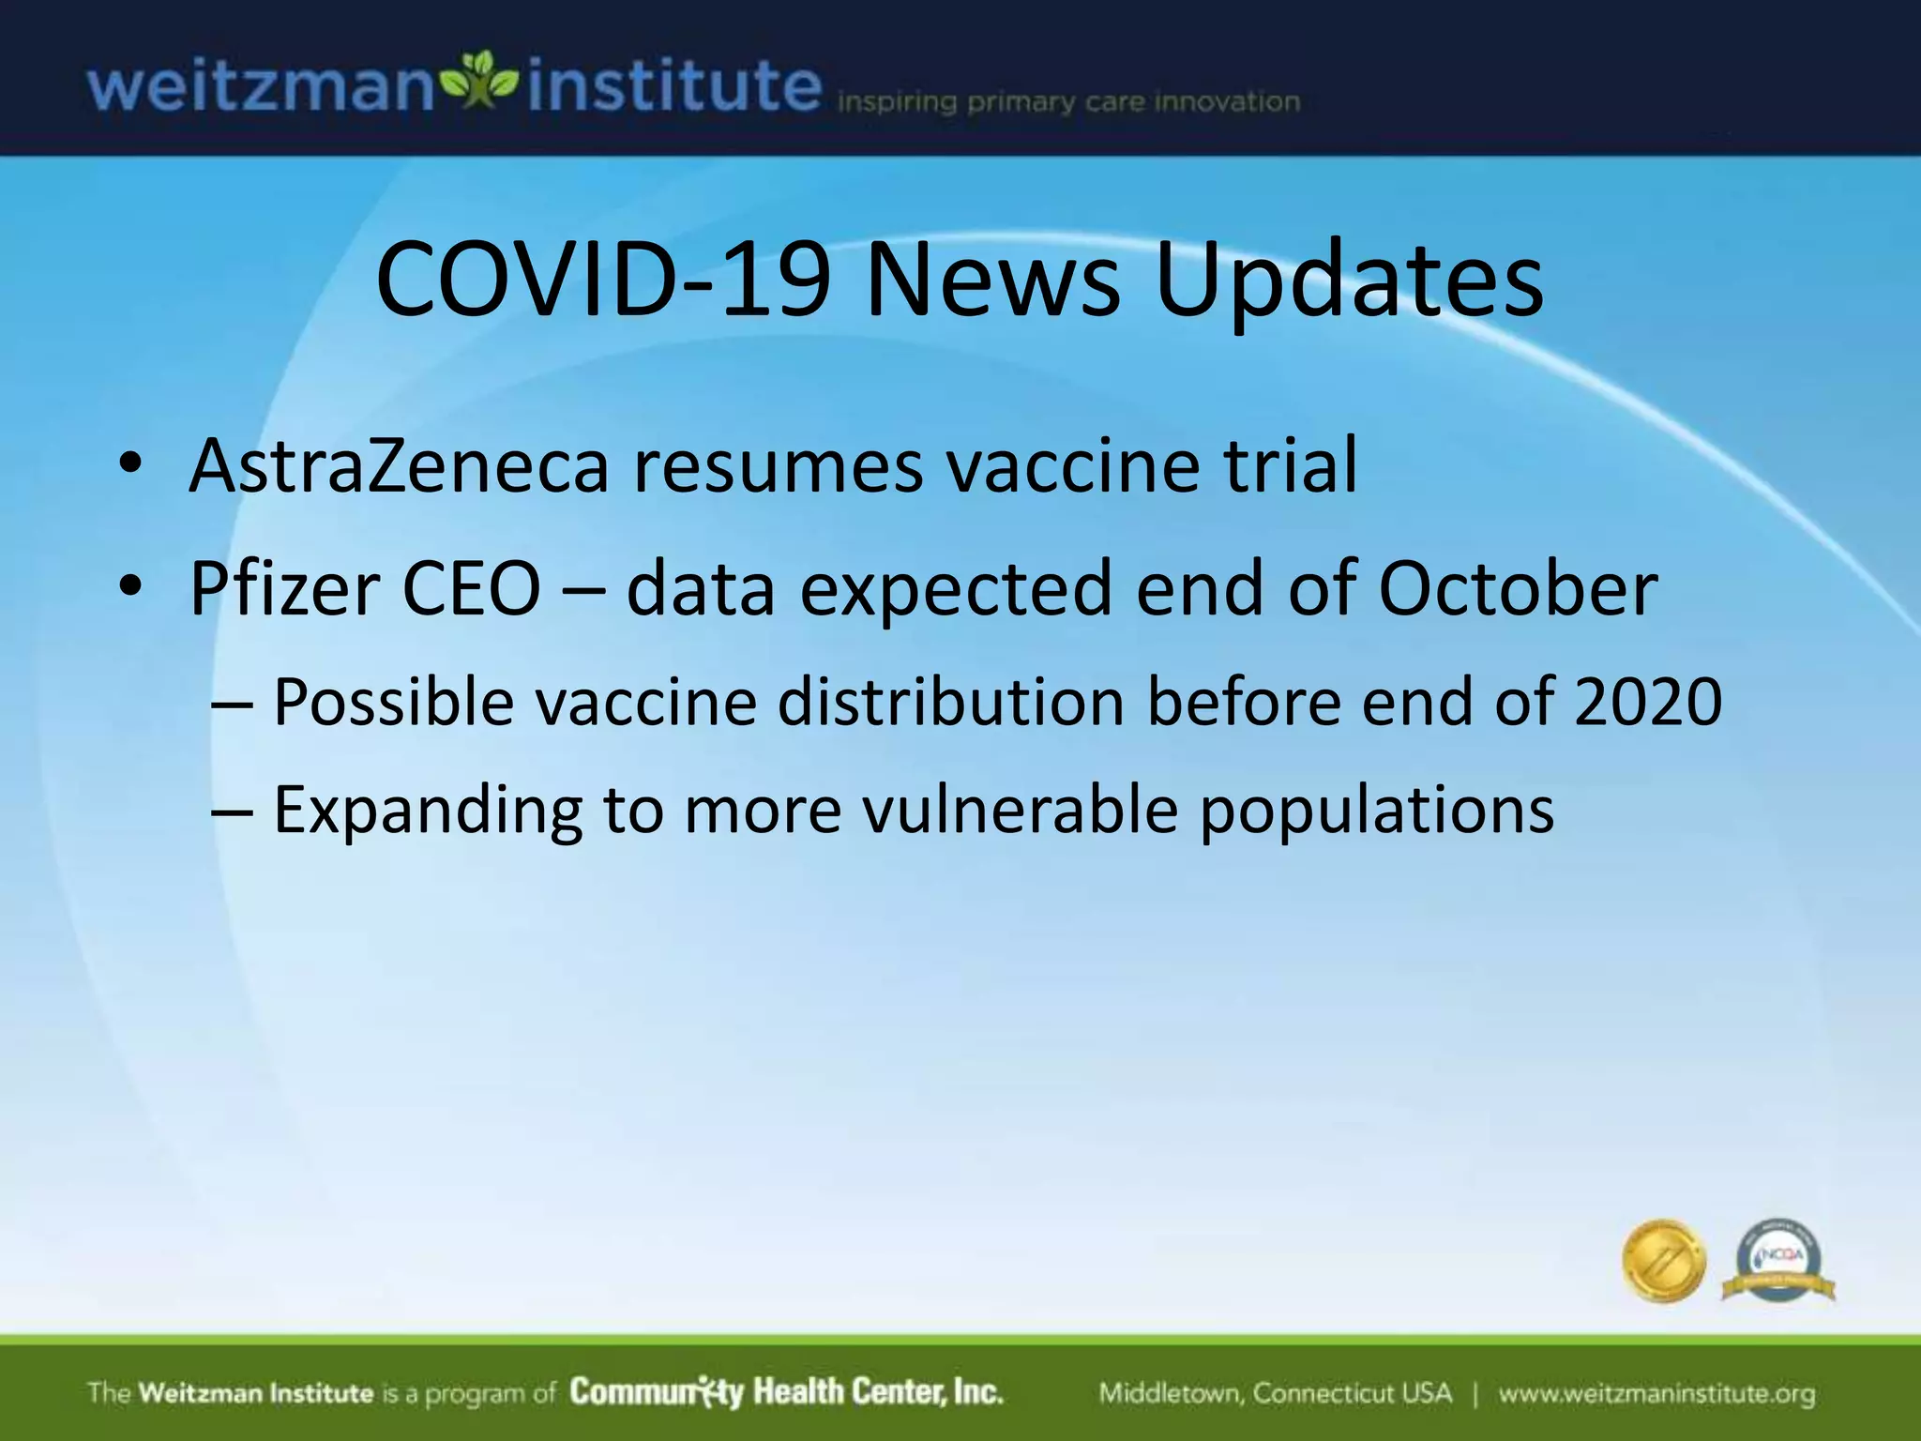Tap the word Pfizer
tap(283, 589)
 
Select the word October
tap(1518, 589)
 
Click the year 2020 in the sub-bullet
tap(1648, 702)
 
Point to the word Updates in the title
tap(1349, 281)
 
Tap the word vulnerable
tap(1020, 810)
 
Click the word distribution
tap(951, 702)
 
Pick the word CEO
tap(471, 589)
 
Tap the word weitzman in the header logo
tap(261, 87)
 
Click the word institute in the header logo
tap(673, 87)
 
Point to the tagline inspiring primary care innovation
tap(1067, 102)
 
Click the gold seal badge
tap(1663, 1261)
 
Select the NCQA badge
tap(1777, 1261)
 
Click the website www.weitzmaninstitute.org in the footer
tap(1656, 1393)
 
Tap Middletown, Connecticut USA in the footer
tap(1275, 1393)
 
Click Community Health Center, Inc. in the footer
tap(786, 1392)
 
